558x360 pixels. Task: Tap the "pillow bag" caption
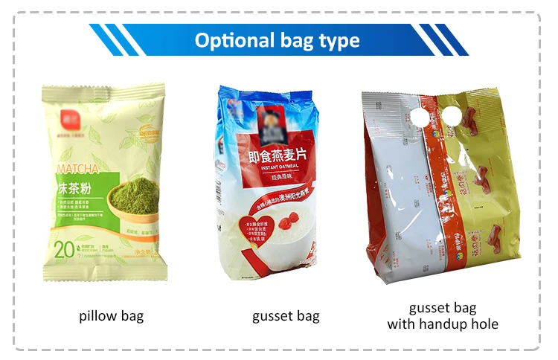pyautogui.click(x=112, y=316)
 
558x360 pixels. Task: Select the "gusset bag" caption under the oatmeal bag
pyautogui.click(x=286, y=316)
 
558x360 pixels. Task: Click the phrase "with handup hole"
pyautogui.click(x=443, y=324)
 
